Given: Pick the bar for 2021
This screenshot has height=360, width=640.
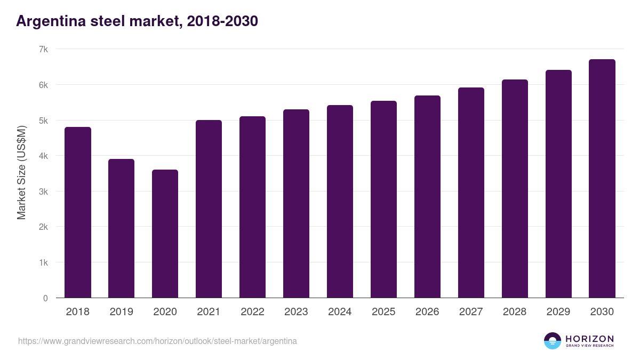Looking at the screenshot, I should (x=209, y=209).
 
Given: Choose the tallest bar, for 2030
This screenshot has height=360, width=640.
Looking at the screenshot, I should (x=602, y=179).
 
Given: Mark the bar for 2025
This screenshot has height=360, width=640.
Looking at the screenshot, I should (x=383, y=199).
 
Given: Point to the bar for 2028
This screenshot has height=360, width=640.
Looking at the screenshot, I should (x=515, y=189).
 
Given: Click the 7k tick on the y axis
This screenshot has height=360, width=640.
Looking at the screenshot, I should (x=43, y=49).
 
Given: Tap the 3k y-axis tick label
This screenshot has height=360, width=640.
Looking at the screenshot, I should (x=43, y=191).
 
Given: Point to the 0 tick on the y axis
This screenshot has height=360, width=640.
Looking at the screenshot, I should (x=45, y=298).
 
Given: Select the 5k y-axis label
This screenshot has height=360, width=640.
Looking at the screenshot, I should (x=43, y=121).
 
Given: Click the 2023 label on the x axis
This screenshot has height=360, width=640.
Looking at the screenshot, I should (x=296, y=312).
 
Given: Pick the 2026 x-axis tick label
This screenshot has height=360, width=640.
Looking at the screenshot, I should (x=427, y=312).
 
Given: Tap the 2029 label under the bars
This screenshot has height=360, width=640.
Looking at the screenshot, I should (x=558, y=312).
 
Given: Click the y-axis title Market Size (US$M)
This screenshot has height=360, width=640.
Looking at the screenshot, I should (x=22, y=172).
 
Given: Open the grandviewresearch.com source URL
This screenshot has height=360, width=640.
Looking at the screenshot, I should (x=157, y=341).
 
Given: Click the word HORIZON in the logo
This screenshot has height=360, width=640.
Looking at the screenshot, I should (x=589, y=338).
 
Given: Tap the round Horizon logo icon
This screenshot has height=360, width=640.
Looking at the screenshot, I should (x=553, y=341).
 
